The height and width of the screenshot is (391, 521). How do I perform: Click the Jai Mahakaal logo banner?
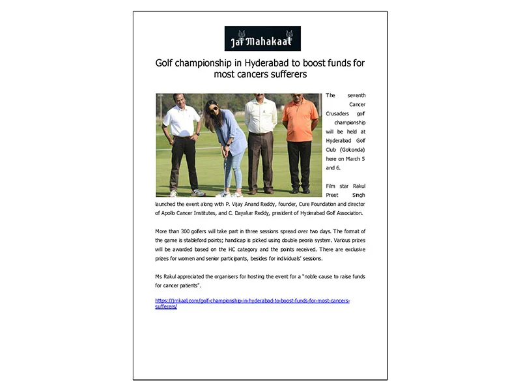coord(262,38)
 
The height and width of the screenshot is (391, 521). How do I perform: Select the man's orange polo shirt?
coord(300,120)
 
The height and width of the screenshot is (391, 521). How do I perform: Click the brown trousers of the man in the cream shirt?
coord(260,160)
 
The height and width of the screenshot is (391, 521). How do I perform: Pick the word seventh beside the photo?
coord(356,96)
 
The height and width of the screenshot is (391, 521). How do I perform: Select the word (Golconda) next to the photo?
coord(352,149)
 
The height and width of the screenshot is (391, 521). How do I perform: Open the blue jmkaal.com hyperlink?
coord(252,300)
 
